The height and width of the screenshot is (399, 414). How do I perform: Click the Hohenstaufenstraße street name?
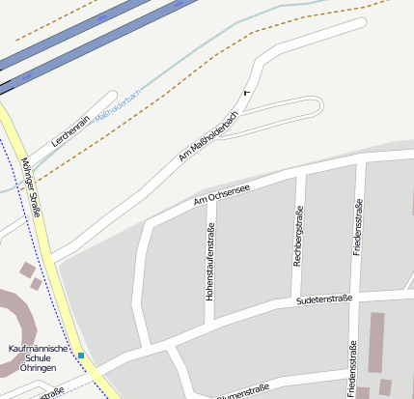pyautogui.click(x=209, y=261)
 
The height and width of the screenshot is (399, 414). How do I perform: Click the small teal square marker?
pyautogui.click(x=82, y=356)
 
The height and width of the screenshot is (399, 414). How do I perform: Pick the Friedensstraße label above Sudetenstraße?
pyautogui.click(x=358, y=227)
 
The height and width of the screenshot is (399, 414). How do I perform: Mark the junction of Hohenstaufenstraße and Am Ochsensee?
pyautogui.click(x=209, y=210)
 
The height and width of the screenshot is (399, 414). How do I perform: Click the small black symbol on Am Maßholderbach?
pyautogui.click(x=246, y=92)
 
